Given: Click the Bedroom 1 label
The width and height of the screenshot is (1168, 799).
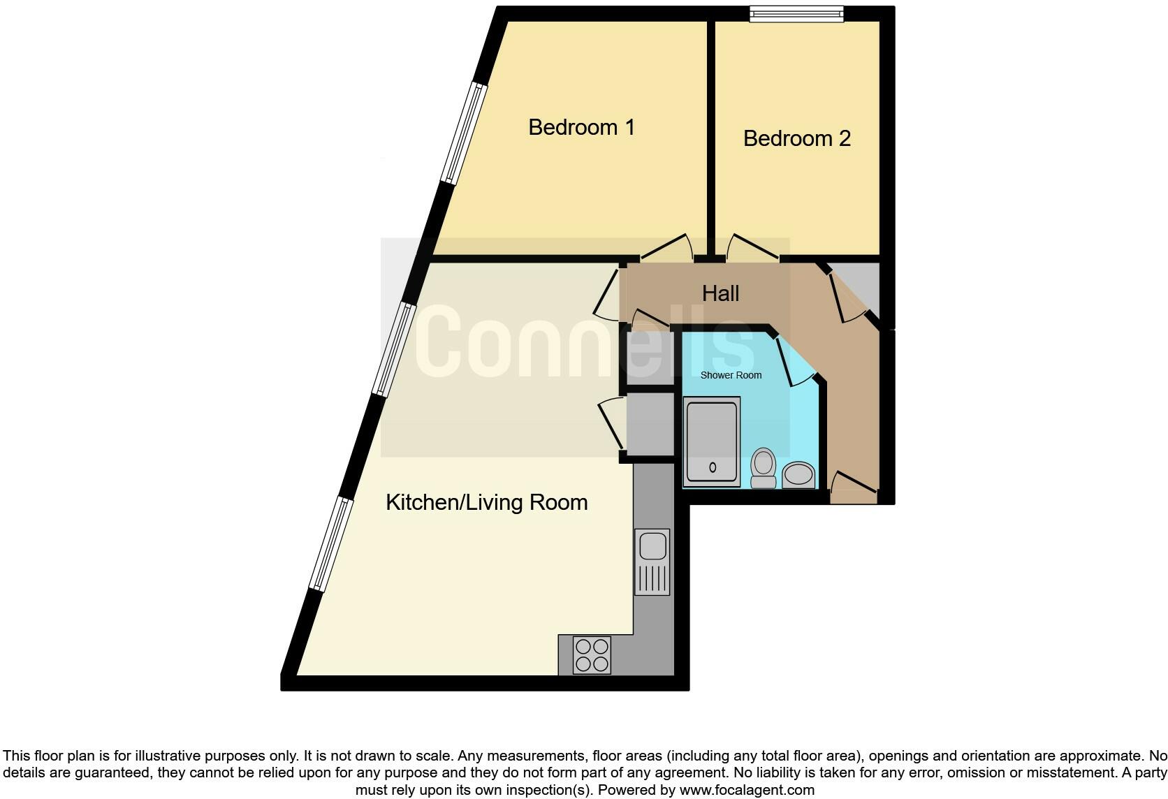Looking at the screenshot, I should [x=581, y=127].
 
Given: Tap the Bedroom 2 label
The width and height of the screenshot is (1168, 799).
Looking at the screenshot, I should [x=796, y=138].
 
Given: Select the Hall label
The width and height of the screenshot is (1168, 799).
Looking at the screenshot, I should [x=720, y=293].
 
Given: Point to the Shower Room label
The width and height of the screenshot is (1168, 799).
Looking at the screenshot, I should [x=731, y=375].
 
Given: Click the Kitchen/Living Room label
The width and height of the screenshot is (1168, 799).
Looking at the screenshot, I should [x=486, y=502].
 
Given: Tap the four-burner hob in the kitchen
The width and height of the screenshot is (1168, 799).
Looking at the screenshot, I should [x=592, y=655].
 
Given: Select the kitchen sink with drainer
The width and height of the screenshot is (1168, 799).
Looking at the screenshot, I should [x=652, y=562].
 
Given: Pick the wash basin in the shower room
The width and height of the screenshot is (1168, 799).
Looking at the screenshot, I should [x=798, y=476].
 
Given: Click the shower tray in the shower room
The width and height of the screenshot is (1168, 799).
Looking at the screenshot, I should [x=712, y=441].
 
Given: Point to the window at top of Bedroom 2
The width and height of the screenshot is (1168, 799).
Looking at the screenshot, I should [x=796, y=13].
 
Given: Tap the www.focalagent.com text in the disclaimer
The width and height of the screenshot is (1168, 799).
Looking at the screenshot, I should [x=747, y=791].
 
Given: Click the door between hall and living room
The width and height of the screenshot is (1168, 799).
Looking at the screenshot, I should [x=606, y=296].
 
